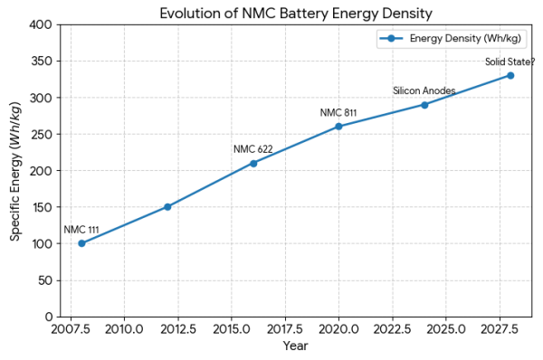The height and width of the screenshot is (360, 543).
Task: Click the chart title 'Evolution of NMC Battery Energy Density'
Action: click(296, 13)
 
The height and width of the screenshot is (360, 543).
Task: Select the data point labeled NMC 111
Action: click(81, 243)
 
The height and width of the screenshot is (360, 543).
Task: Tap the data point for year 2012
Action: click(167, 207)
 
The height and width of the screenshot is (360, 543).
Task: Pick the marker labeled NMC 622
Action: click(253, 164)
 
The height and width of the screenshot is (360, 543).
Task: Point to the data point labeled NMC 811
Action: click(338, 127)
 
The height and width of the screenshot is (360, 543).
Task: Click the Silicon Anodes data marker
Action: click(424, 105)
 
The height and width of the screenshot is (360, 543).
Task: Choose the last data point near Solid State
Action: click(510, 75)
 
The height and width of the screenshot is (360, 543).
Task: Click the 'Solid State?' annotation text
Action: click(510, 62)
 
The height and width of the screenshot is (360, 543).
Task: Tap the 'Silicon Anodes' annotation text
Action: click(424, 91)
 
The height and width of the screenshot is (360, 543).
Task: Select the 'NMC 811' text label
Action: click(338, 113)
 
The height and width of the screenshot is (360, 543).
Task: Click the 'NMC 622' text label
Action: click(252, 149)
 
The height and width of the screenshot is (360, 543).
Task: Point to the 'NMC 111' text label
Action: click(81, 230)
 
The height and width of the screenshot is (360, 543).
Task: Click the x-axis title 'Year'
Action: click(295, 346)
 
